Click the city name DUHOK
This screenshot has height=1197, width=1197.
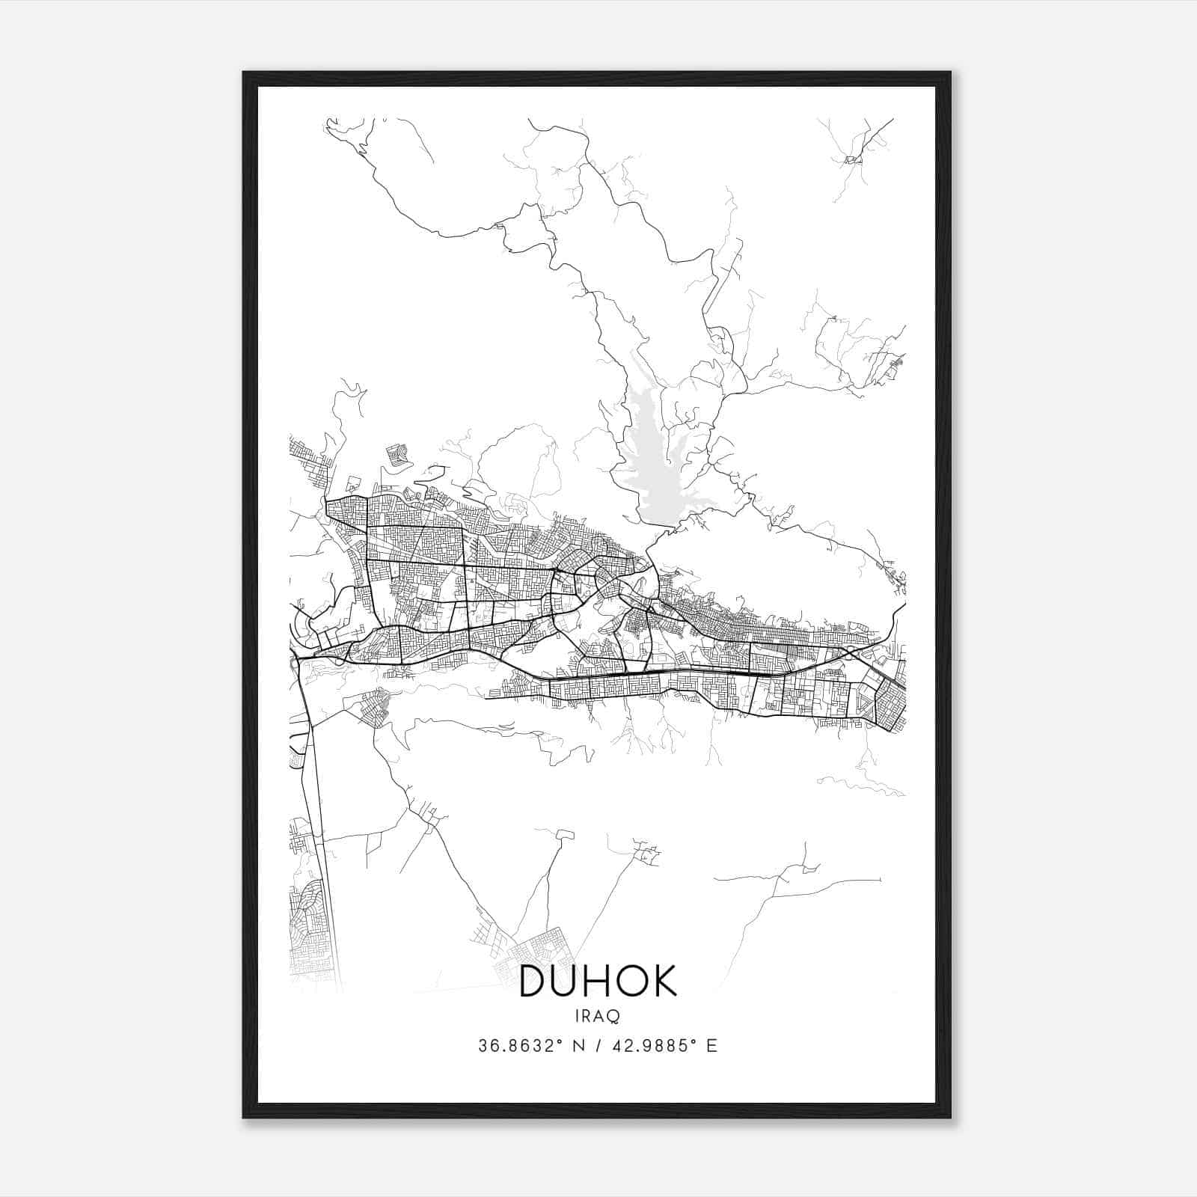tap(598, 981)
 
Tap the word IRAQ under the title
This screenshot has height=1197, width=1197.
tap(598, 1016)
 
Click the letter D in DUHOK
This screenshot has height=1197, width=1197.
tap(534, 981)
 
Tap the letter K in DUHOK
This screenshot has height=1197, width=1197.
tap(662, 981)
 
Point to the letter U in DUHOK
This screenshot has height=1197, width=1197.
tap(566, 981)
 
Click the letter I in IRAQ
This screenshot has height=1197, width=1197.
tap(578, 1016)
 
